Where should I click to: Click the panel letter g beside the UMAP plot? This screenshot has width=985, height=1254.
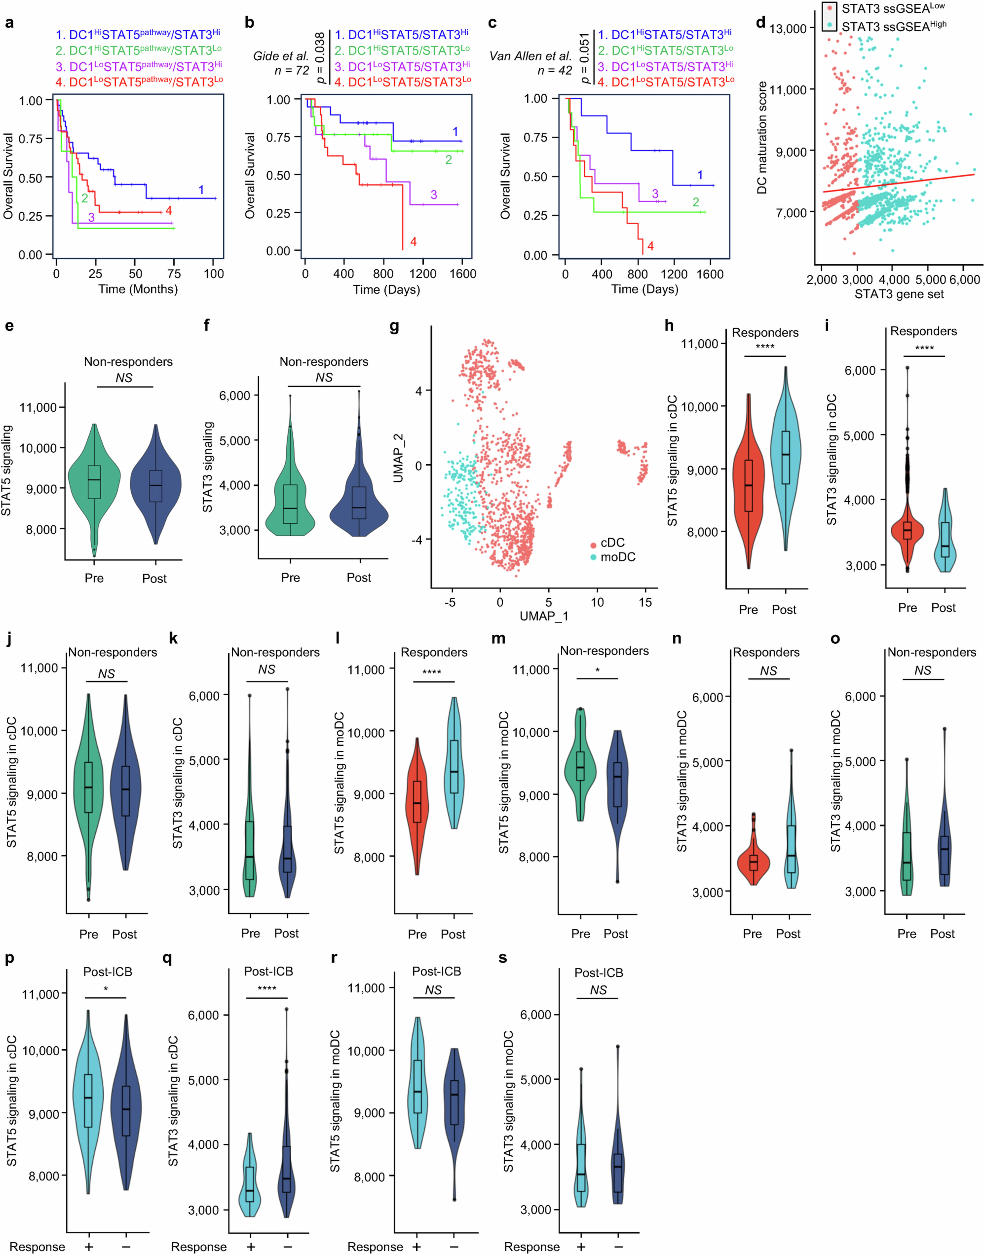pos(394,327)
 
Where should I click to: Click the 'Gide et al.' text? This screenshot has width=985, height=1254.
pos(281,56)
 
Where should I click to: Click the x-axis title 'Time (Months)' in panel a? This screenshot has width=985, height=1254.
pos(138,289)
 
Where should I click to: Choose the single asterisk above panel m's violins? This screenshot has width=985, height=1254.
pos(597,670)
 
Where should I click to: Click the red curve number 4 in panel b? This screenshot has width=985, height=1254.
pos(413,242)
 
